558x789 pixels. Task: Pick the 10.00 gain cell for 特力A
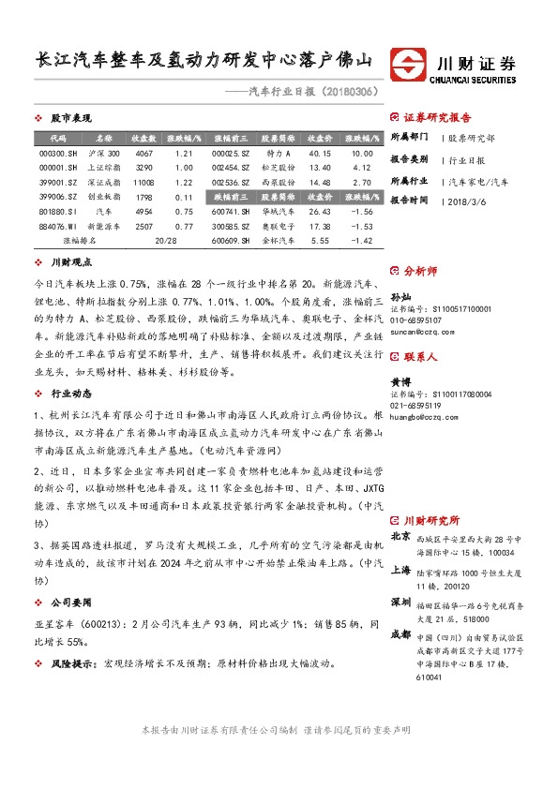tap(362, 153)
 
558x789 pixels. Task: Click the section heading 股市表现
tap(70, 119)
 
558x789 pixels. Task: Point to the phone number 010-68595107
tap(419, 320)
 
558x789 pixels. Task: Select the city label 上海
tap(400, 570)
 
